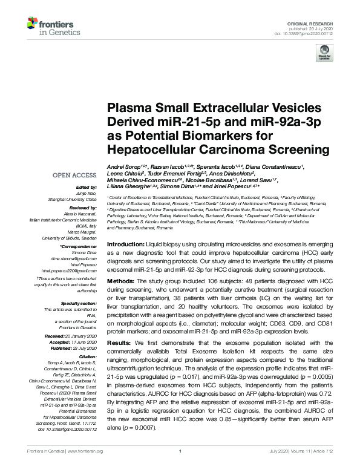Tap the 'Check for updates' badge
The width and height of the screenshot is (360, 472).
[322, 54]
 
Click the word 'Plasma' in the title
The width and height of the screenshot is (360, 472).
[127, 108]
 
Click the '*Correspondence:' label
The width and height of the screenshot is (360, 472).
[79, 247]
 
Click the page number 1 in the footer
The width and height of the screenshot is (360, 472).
[180, 468]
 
